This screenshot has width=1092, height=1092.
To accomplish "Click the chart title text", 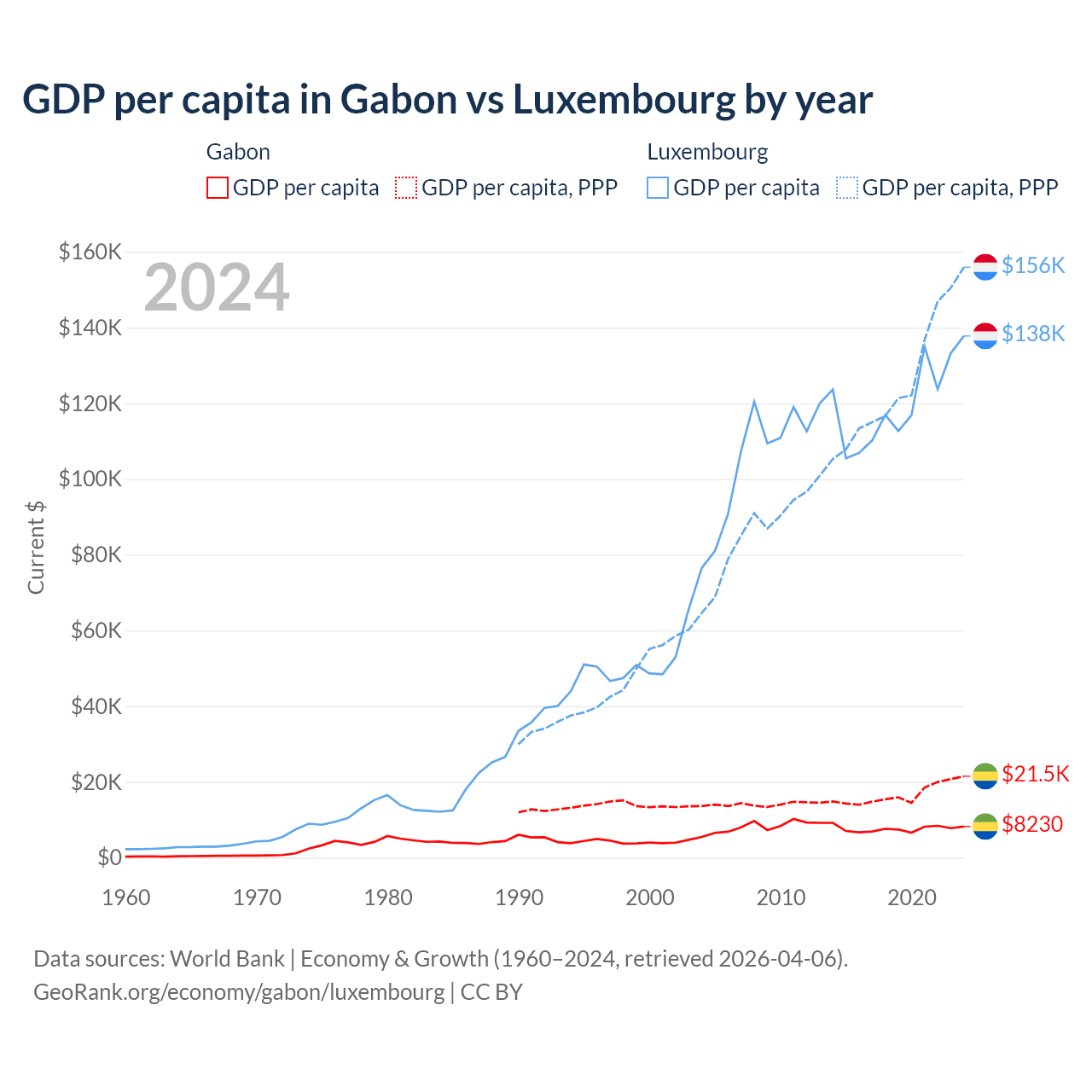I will point(447,100).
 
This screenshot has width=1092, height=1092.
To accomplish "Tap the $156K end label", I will point(1033,265).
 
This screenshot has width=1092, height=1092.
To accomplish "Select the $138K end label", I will point(1033,334).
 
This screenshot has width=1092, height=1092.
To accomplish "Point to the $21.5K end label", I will point(1035,774).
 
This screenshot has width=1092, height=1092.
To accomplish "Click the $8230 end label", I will point(1032,824).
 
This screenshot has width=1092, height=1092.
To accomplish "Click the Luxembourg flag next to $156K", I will point(985,266).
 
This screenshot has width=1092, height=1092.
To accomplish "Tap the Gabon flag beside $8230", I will point(985,825).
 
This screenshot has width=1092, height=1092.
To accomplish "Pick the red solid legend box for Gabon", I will point(218,188).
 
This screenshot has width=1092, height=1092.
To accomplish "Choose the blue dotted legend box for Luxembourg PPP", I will point(847,188).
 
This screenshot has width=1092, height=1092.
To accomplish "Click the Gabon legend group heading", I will point(238,152).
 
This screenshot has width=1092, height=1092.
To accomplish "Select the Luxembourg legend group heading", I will point(707,152).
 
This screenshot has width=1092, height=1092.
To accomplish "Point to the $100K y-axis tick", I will point(90,479).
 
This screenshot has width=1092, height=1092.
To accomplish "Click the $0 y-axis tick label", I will point(109,857).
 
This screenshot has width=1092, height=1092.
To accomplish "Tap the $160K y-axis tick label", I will point(90,252).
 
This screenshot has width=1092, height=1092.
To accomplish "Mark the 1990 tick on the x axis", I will point(519,897).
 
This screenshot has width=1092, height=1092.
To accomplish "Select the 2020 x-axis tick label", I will point(912,897).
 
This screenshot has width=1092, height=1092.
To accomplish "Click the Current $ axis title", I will point(36,546).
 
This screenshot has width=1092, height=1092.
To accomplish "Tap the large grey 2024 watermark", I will point(217,288).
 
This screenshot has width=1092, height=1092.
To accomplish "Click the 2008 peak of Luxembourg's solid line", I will point(754,400).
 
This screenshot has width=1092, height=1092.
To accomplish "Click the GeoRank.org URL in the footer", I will point(239,992).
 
